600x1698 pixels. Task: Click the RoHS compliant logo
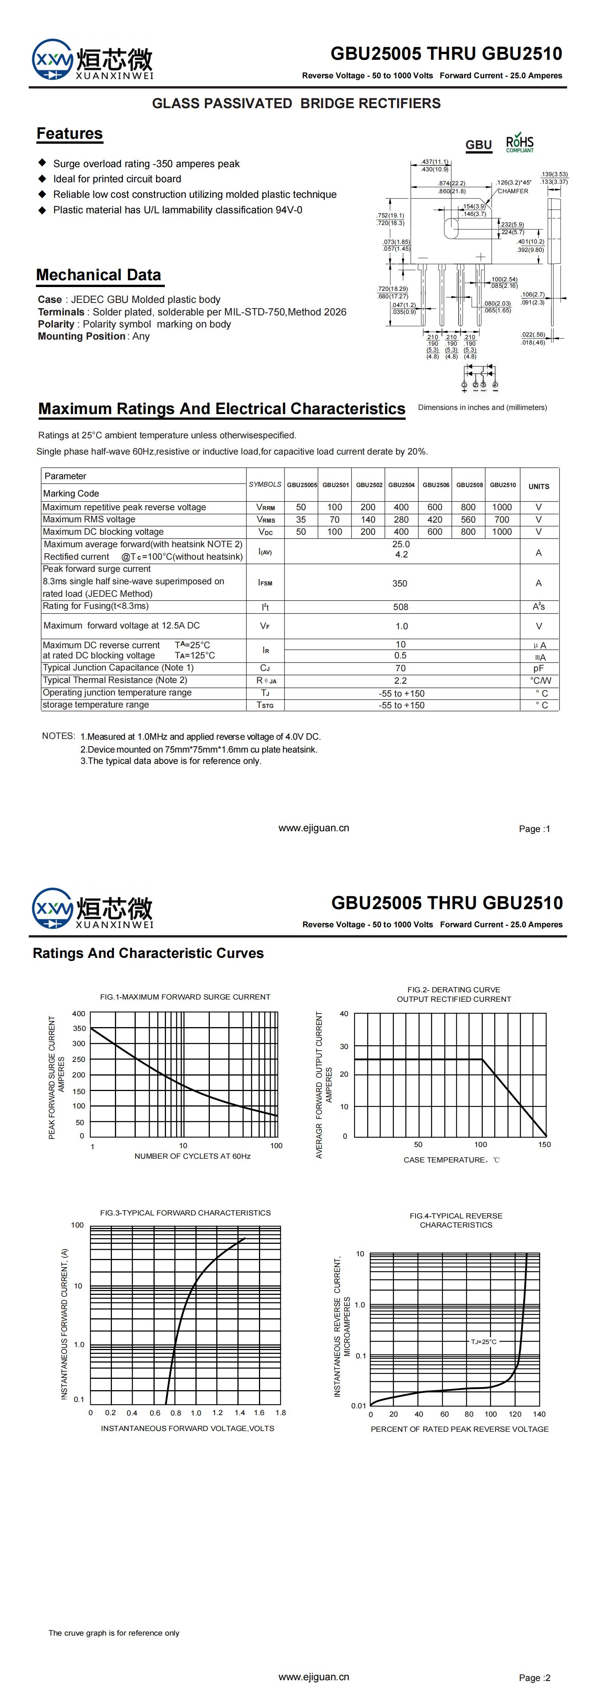point(519,144)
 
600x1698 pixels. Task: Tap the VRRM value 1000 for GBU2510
point(502,507)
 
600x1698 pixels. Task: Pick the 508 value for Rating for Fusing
point(400,607)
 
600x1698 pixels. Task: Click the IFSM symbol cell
point(265,583)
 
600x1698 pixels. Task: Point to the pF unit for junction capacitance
point(539,668)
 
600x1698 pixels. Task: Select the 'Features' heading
point(69,134)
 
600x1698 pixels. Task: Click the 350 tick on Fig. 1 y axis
point(79,1028)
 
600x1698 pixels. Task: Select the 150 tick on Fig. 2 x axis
point(544,1144)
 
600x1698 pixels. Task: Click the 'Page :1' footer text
point(534,829)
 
